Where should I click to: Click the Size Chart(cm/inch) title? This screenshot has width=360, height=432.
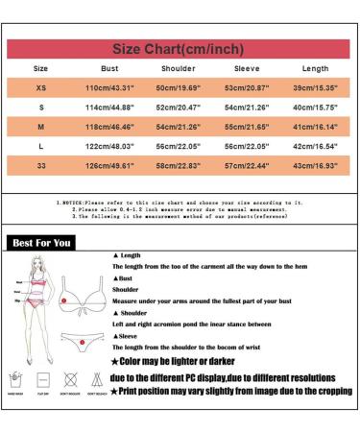click(x=180, y=46)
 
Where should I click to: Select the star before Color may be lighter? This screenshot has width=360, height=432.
click(x=116, y=361)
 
